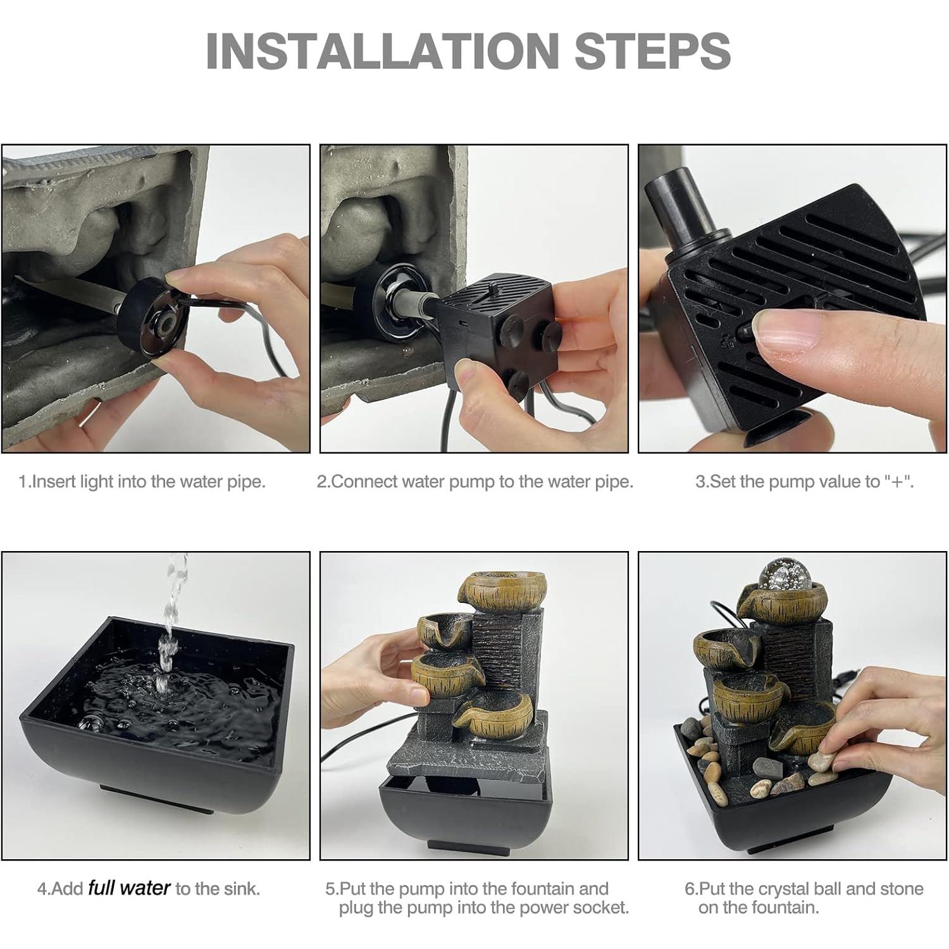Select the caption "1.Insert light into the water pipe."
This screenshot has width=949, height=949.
(x=142, y=481)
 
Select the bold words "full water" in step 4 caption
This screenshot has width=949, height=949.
(x=129, y=888)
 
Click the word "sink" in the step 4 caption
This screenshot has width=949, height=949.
(x=242, y=888)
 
